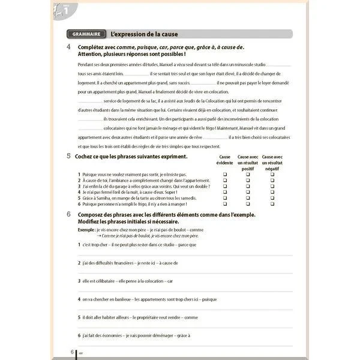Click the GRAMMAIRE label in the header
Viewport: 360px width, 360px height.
pos(85,34)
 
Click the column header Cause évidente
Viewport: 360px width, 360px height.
pos(224,160)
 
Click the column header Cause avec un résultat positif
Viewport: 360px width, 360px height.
pos(248,162)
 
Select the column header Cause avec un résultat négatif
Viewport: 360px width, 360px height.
pos(272,162)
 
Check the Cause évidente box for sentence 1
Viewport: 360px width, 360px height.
pos(224,174)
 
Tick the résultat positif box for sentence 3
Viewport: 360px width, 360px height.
pos(248,186)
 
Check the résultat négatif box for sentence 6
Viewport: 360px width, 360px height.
pos(272,204)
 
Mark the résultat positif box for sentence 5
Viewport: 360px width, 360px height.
pos(248,198)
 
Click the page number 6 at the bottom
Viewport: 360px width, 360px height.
pos(72,352)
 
